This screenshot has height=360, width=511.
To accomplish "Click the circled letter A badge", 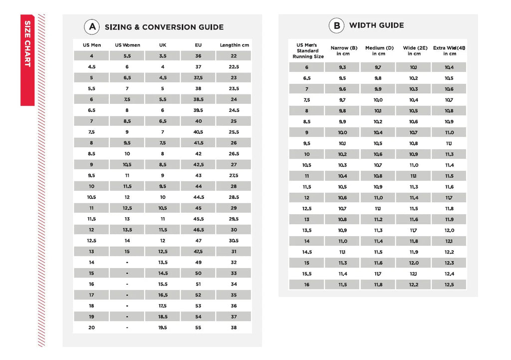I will click(92, 27).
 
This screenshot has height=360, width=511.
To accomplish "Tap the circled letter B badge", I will click(336, 25).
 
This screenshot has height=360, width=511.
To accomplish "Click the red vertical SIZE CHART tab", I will click(27, 60).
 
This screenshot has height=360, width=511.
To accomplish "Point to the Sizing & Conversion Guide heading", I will click(164, 27).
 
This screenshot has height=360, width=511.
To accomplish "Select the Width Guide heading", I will click(376, 25).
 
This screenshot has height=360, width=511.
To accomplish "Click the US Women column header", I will click(127, 45).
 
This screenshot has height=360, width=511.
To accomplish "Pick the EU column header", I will click(198, 45).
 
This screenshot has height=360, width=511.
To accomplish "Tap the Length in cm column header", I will click(234, 45).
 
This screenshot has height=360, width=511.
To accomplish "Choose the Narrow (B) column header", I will click(344, 50).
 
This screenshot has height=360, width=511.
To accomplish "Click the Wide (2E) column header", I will click(414, 50).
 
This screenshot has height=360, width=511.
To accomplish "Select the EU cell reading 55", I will click(198, 328).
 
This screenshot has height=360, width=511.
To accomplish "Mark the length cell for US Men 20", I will click(234, 328).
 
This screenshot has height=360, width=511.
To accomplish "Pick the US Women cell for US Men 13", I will click(127, 252).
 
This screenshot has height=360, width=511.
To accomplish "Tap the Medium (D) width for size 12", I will click(378, 198).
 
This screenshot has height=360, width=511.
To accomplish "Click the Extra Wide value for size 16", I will click(449, 285).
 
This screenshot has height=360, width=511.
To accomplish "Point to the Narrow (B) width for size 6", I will click(342, 67).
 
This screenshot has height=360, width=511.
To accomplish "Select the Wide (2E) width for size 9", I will click(413, 133).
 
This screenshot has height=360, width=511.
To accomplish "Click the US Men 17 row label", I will click(91, 295).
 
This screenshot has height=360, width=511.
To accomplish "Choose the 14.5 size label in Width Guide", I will click(306, 252).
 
